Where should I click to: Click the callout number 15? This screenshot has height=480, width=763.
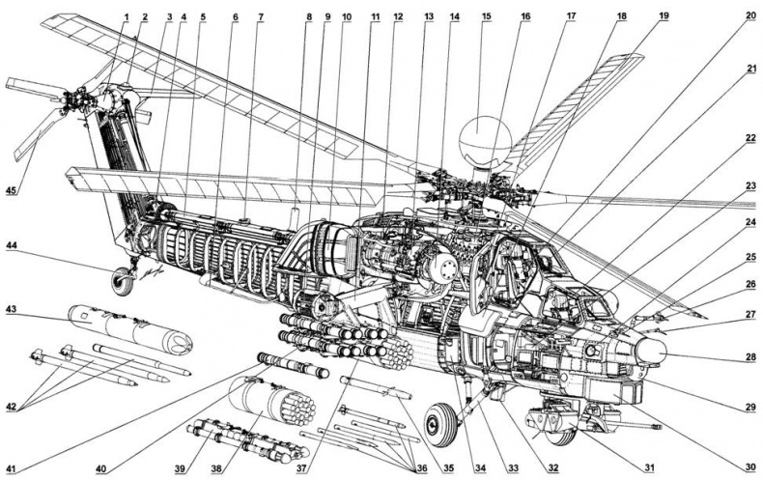486,16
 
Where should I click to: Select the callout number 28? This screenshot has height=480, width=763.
749,356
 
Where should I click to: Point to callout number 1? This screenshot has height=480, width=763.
126,16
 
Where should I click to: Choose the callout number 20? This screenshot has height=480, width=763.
749,16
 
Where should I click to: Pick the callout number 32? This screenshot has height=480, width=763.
551,467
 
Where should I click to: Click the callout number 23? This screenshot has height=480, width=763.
749,184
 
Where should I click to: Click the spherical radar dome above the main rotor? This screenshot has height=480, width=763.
484,142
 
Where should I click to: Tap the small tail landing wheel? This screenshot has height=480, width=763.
124,281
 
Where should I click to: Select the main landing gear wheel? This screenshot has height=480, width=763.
439,421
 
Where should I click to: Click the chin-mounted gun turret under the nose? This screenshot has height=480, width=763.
548,421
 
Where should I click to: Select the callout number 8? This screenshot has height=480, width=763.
309,16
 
